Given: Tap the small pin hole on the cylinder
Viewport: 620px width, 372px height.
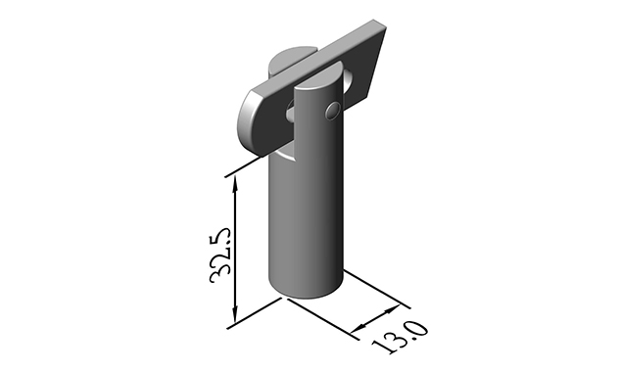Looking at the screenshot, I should pyautogui.click(x=334, y=108).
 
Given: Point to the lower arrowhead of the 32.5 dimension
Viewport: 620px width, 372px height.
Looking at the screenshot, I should pyautogui.click(x=235, y=317).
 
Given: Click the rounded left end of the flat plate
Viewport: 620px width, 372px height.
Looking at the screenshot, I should pyautogui.click(x=251, y=117).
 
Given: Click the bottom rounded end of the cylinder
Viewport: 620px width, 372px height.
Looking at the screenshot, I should pyautogui.click(x=307, y=290).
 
